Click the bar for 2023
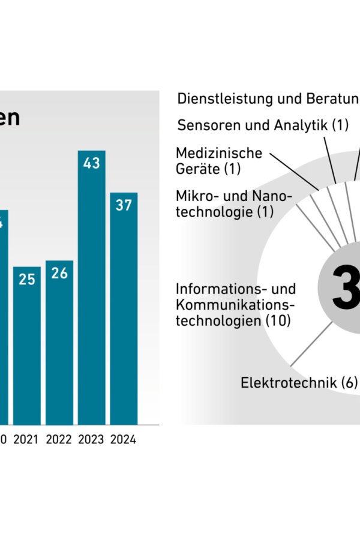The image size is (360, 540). (x=91, y=288)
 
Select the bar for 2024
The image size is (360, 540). (x=124, y=309)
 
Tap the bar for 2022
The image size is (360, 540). (x=59, y=343)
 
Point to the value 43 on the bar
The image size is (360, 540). (x=91, y=163)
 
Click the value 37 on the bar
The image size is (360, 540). (x=124, y=205)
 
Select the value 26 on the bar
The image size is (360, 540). (x=59, y=273)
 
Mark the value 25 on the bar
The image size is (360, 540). (x=27, y=279)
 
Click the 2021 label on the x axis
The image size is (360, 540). (x=26, y=440)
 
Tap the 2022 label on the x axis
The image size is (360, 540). (x=59, y=440)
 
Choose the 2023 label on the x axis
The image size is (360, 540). (x=91, y=440)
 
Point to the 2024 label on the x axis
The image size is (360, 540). (x=124, y=440)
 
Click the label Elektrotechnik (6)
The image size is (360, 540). (x=299, y=382)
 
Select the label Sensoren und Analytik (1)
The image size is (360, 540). (x=263, y=125)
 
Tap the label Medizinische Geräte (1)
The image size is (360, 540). (x=218, y=161)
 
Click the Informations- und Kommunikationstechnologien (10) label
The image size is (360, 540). (x=235, y=305)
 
